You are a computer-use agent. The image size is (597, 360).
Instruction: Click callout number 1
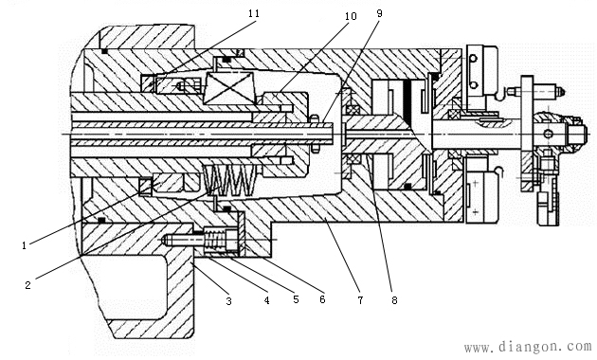click(x=25, y=245)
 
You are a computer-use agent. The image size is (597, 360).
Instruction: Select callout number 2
click(x=27, y=284)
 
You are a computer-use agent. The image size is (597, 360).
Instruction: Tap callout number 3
click(x=228, y=301)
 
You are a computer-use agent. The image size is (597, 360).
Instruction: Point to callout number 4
click(x=267, y=300)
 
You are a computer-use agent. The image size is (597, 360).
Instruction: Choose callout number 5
click(x=297, y=299)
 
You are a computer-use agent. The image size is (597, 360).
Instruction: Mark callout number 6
click(x=322, y=299)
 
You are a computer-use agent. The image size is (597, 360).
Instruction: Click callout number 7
click(x=360, y=300)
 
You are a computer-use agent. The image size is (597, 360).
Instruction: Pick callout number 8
click(x=394, y=300)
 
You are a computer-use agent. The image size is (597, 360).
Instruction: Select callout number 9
click(x=379, y=13)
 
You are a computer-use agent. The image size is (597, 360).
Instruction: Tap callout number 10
click(x=351, y=16)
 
